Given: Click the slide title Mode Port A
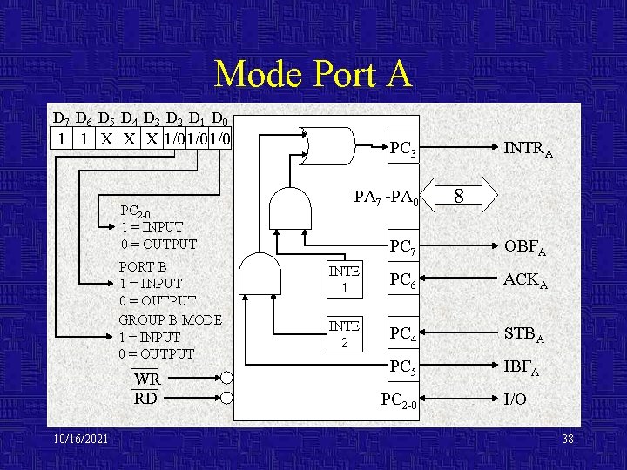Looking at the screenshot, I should coord(313,74).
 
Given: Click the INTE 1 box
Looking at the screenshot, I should coord(344,279).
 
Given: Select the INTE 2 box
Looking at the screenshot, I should coord(344,334).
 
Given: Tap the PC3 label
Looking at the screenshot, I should coord(403,151).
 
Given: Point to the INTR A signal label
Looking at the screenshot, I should coord(529,151).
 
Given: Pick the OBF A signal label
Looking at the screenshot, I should coord(525,248).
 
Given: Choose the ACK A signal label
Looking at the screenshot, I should coord(525,280).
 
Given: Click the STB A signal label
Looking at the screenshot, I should coord(525,333).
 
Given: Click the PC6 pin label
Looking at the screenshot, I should coord(403,281).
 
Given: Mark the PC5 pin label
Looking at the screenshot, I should coord(403,366).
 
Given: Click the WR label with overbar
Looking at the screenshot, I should coord(147,379).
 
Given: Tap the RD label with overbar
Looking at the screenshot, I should coord(145,399).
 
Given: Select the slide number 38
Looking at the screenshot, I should coord(568,439).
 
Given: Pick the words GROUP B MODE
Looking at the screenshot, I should coord(170,319).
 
